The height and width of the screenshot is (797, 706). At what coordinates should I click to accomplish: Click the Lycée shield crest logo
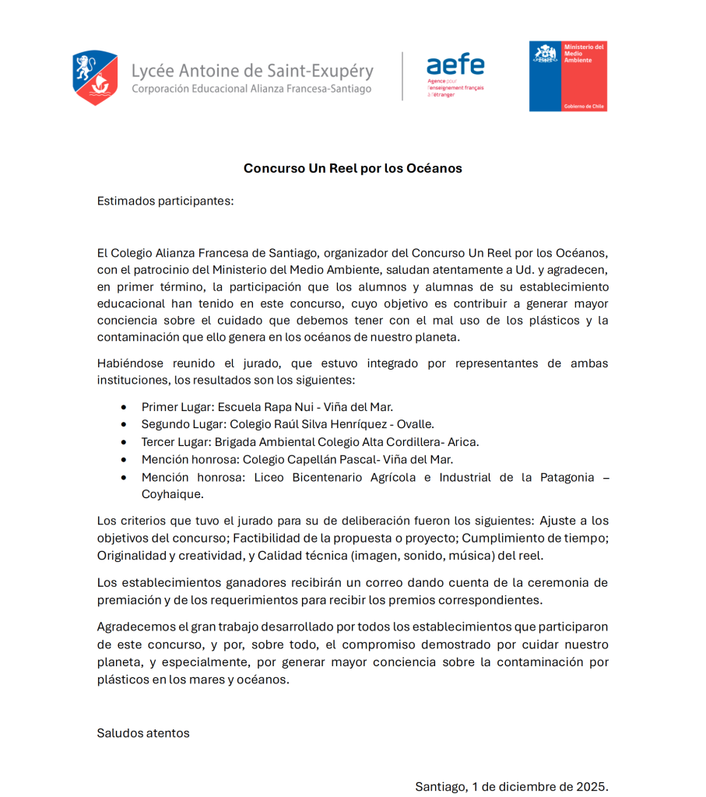(95, 78)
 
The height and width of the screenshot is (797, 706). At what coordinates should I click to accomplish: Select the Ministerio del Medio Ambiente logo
(567, 76)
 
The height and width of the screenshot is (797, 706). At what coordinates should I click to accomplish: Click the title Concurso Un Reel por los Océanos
(353, 168)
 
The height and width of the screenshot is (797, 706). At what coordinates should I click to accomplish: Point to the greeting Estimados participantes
(165, 201)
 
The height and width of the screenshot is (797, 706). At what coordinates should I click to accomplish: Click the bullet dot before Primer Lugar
(124, 407)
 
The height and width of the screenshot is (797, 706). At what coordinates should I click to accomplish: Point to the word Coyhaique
(172, 494)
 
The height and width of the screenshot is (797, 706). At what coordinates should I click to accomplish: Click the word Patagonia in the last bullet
(567, 477)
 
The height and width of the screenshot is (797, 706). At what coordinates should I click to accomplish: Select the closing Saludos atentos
(143, 733)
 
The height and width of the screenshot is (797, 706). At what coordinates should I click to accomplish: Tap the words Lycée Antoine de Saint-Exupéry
(252, 71)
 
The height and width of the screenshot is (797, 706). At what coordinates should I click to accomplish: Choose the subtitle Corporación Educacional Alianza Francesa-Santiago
(251, 89)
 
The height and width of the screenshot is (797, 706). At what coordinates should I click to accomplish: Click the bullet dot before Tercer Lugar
(124, 442)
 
